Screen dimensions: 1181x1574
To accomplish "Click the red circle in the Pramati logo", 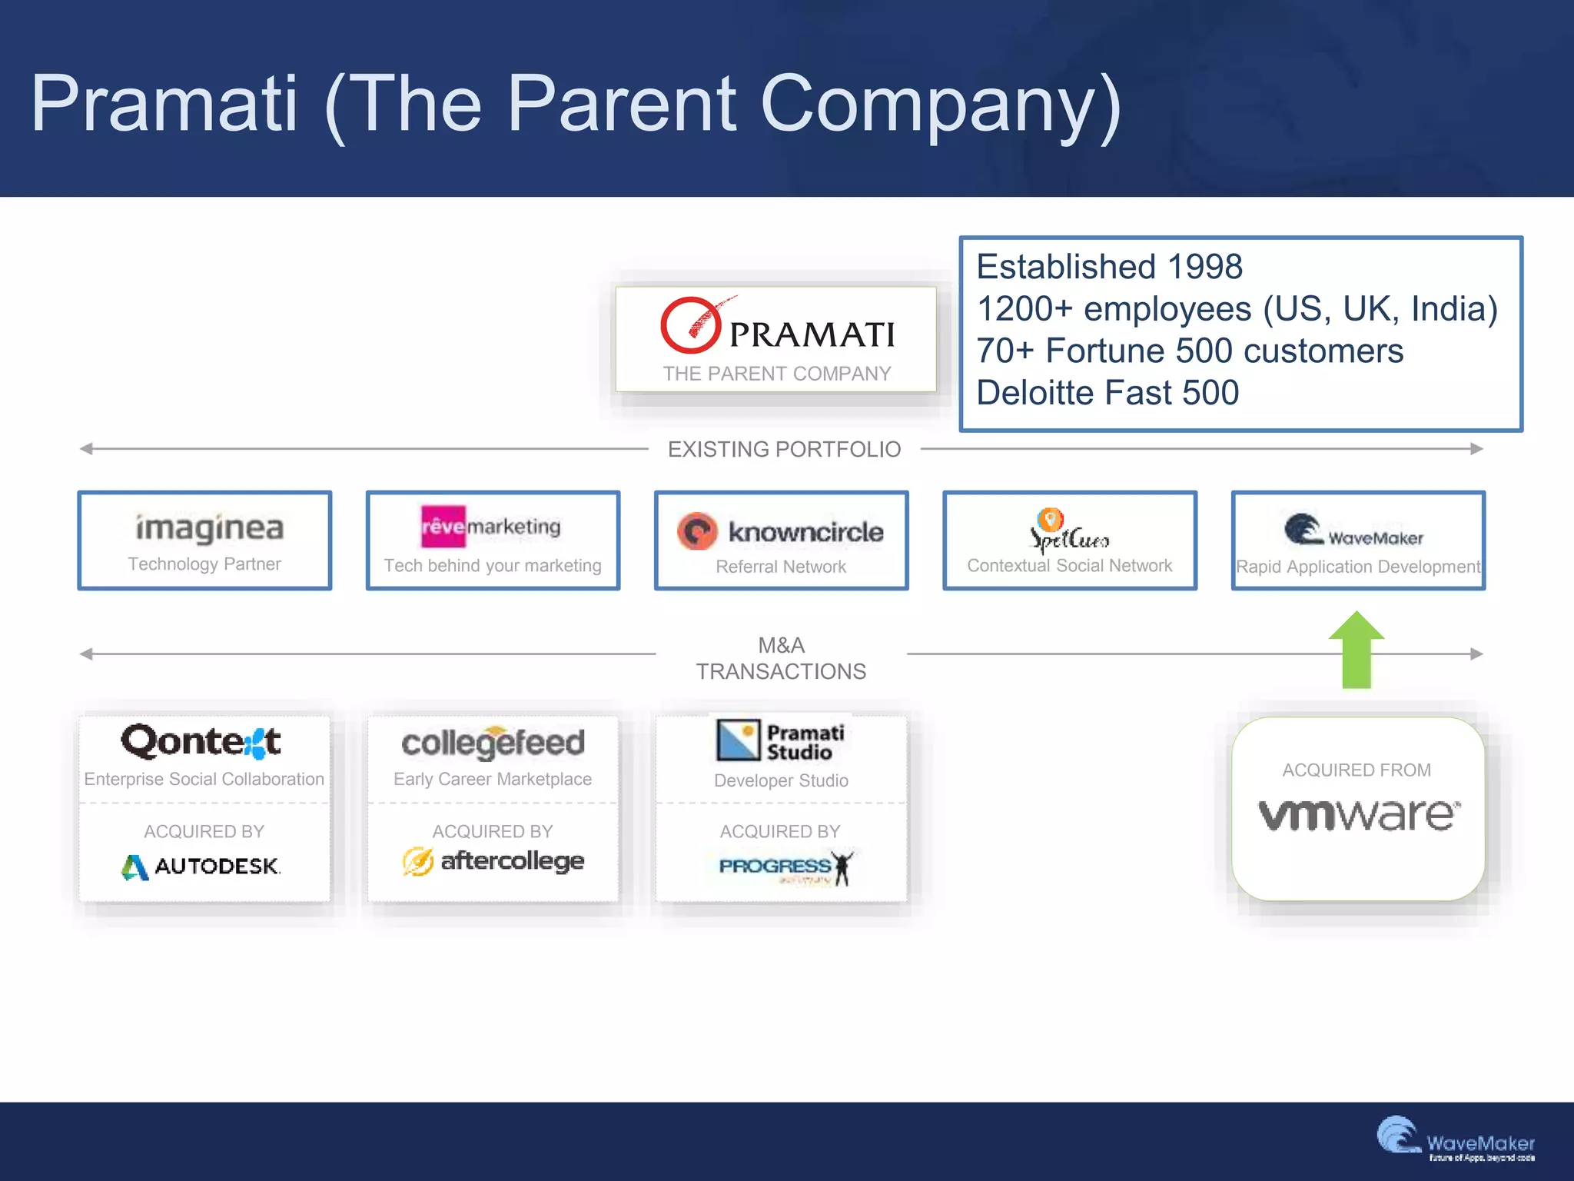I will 689,325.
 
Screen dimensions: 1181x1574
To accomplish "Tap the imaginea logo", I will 210,527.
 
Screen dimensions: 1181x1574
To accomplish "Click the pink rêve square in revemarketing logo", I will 443,526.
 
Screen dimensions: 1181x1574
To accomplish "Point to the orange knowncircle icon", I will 697,531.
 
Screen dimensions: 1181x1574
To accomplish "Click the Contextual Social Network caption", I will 1069,566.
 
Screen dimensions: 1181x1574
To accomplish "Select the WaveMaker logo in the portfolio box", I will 1353,531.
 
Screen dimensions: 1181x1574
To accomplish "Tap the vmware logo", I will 1358,815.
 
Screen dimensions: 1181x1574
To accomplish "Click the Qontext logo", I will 201,742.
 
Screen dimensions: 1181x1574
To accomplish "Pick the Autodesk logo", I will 201,867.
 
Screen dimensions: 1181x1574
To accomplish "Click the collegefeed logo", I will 493,743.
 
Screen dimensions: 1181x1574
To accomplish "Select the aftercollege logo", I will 493,861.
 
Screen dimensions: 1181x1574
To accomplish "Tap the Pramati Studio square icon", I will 738,740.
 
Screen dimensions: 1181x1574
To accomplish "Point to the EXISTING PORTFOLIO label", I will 784,449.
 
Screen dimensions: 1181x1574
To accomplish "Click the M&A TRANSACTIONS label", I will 781,659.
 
